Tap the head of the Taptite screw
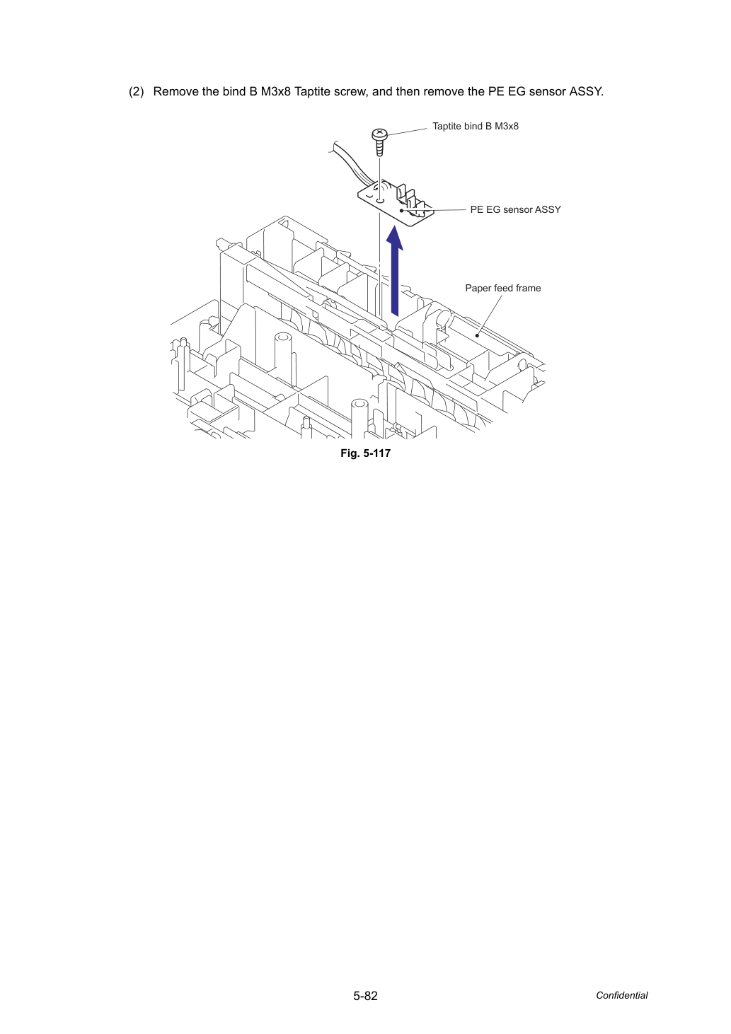[x=379, y=134]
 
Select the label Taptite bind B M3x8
[x=475, y=126]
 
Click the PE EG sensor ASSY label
[x=515, y=209]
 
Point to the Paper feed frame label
[x=503, y=288]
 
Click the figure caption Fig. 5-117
[x=365, y=453]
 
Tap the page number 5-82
[x=365, y=996]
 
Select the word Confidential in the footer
[x=621, y=995]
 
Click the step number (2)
[x=137, y=91]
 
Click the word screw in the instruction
[x=350, y=91]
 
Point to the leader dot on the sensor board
[x=402, y=211]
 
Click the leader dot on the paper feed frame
[x=477, y=335]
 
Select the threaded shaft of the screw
[x=379, y=149]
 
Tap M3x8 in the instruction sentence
[x=276, y=91]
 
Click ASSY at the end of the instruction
[x=587, y=91]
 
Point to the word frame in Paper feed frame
[x=529, y=288]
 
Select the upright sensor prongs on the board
[x=409, y=197]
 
